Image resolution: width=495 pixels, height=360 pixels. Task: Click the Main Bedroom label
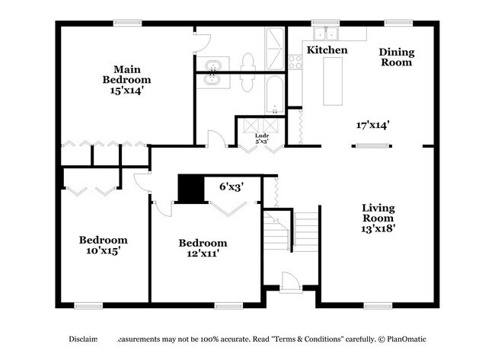tap(126, 73)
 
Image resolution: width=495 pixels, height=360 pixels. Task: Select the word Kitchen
tap(327, 50)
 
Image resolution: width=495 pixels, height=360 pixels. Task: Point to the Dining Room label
tap(397, 57)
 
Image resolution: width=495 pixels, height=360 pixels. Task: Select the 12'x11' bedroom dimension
tap(203, 254)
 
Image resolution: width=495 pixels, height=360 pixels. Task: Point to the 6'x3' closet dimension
tap(231, 186)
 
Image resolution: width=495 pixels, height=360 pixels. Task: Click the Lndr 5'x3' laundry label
tap(261, 139)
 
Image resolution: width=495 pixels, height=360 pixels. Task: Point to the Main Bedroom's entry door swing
tap(216, 138)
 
